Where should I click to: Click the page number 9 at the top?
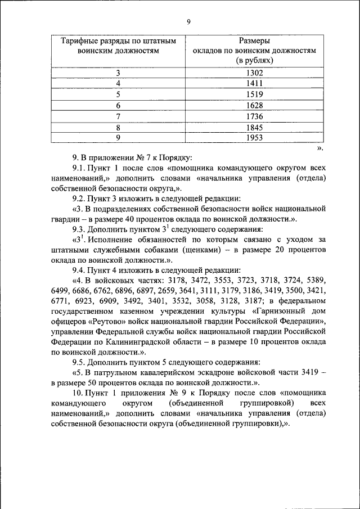pyautogui.click(x=189, y=21)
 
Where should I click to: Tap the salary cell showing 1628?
pyautogui.click(x=254, y=106)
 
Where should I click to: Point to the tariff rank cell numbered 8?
pyautogui.click(x=119, y=127)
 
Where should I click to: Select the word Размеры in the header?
pyautogui.click(x=254, y=41)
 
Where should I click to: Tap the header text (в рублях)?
pyautogui.click(x=254, y=59)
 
